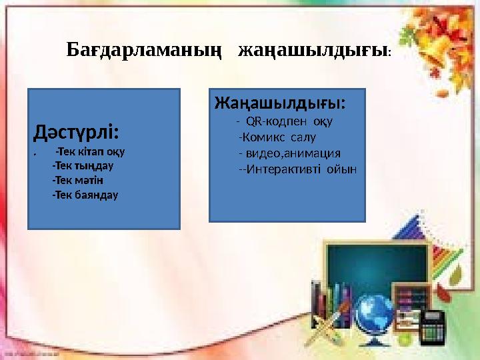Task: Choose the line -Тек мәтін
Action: pyautogui.click(x=77, y=180)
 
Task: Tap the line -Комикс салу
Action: pyautogui.click(x=277, y=137)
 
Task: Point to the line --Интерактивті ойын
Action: pyautogui.click(x=297, y=169)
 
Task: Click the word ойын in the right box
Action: pyautogui.click(x=341, y=169)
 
